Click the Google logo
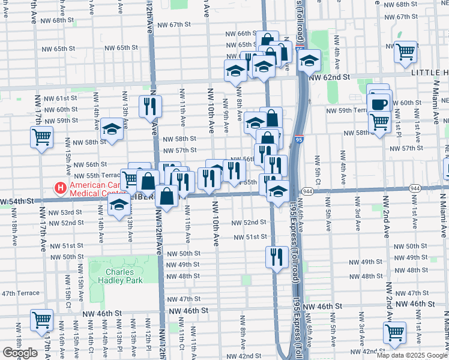pyautogui.click(x=20, y=353)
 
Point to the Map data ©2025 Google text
pyautogui.click(x=412, y=355)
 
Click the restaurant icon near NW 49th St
pyautogui.click(x=276, y=257)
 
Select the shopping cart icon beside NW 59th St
pyautogui.click(x=42, y=137)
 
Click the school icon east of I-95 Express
pyautogui.click(x=309, y=60)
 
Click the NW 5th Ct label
pyautogui.click(x=317, y=171)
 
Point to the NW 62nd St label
pyautogui.click(x=329, y=77)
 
